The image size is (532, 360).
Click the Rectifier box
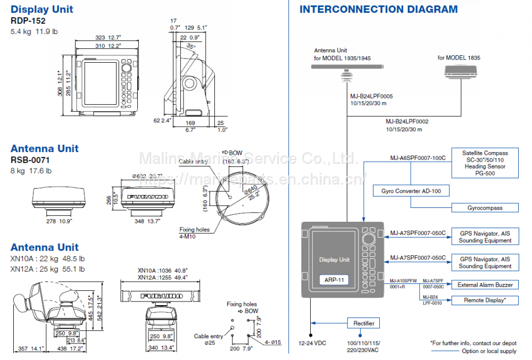[364, 323]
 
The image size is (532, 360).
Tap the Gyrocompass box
[485, 207]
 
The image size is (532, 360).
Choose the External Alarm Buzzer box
[485, 284]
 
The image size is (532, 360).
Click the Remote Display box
[485, 300]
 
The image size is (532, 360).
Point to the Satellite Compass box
[485, 163]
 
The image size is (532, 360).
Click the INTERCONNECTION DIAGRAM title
[378, 9]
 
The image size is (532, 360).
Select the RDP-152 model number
[28, 21]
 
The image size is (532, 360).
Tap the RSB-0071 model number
[30, 160]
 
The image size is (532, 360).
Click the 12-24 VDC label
[312, 343]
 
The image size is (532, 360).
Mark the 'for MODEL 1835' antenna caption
[459, 57]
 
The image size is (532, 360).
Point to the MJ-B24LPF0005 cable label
[371, 96]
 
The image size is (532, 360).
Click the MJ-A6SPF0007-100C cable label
[418, 158]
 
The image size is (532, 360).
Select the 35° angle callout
[190, 46]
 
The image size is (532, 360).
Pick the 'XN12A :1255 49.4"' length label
[162, 277]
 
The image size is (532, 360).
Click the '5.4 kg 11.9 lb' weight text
[35, 32]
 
